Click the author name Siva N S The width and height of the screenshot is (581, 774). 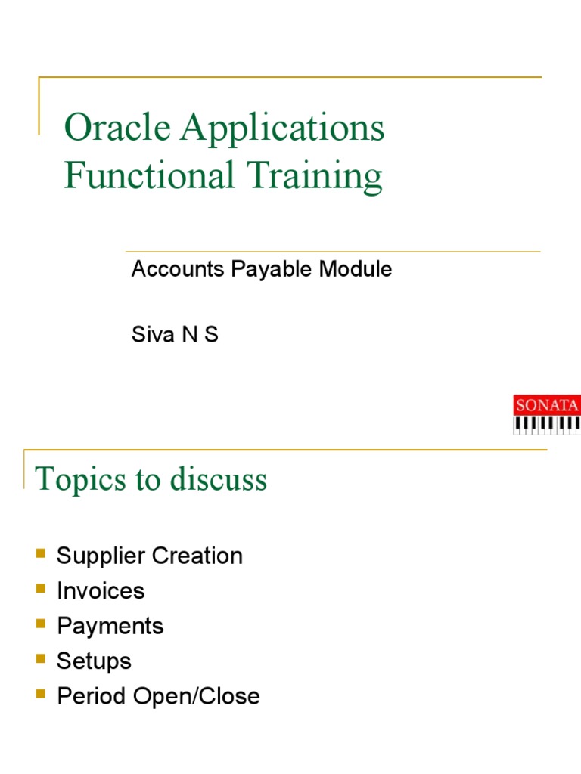click(x=175, y=335)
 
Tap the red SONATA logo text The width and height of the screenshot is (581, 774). click(x=547, y=405)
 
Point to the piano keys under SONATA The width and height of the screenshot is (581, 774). click(x=547, y=426)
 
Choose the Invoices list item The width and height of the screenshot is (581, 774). click(x=101, y=590)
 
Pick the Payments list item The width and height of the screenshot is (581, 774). click(x=110, y=626)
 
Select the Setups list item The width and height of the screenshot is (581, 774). click(x=94, y=661)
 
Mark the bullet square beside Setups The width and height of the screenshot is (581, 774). click(x=41, y=660)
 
